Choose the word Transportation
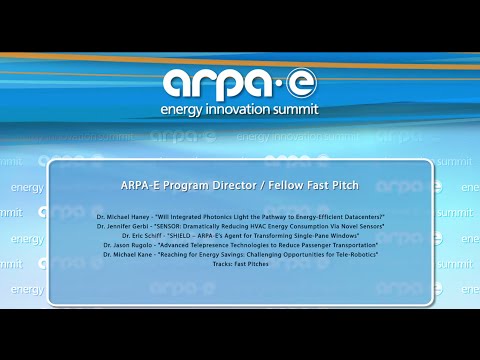(350, 244)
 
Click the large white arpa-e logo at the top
(240, 80)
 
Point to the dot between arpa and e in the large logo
(284, 80)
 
